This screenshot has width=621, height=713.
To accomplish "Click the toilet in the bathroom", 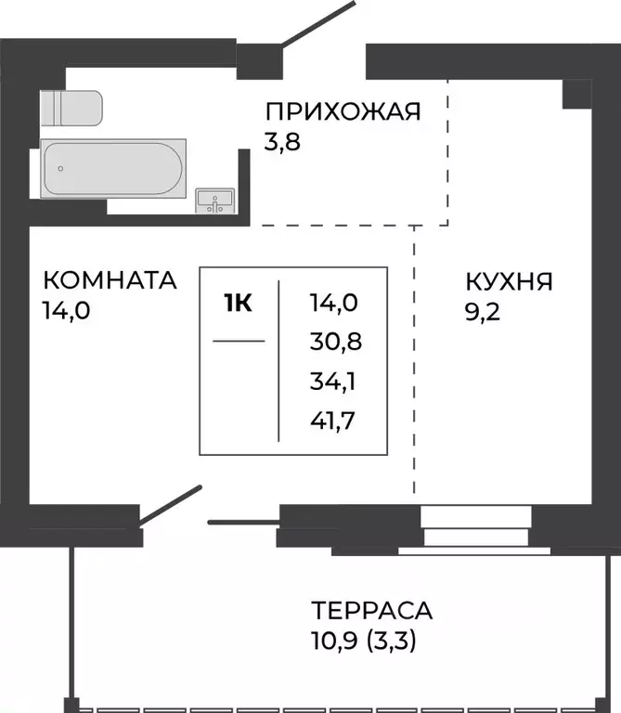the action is tap(71, 108).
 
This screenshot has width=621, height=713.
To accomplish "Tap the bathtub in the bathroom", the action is tap(113, 169).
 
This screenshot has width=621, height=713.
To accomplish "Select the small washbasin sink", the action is tap(215, 201).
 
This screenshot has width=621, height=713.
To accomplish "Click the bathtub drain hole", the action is tap(60, 169).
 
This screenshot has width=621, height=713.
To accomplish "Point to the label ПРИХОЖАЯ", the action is tap(343, 111).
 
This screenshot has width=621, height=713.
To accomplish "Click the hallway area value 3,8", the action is tap(282, 142).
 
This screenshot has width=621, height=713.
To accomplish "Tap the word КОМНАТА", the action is tap(110, 280).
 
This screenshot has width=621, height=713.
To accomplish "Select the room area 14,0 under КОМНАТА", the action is tap(67, 311).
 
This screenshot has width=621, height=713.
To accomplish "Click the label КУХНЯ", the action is tap(510, 281).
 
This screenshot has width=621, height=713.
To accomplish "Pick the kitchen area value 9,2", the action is tap(483, 312).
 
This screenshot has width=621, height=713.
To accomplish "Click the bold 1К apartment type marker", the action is tap(239, 303).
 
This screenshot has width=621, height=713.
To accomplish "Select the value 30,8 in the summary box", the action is tap(336, 342).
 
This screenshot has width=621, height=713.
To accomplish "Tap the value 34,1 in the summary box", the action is tap(332, 381).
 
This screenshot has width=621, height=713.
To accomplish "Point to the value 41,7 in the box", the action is tap(332, 421).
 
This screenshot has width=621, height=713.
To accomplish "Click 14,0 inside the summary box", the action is tap(334, 303).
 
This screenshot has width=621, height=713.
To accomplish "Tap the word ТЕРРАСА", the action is tap(372, 610).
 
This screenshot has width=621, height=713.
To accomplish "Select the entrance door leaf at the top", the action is tap(317, 23).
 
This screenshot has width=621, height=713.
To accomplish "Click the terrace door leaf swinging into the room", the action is tap(169, 505).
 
